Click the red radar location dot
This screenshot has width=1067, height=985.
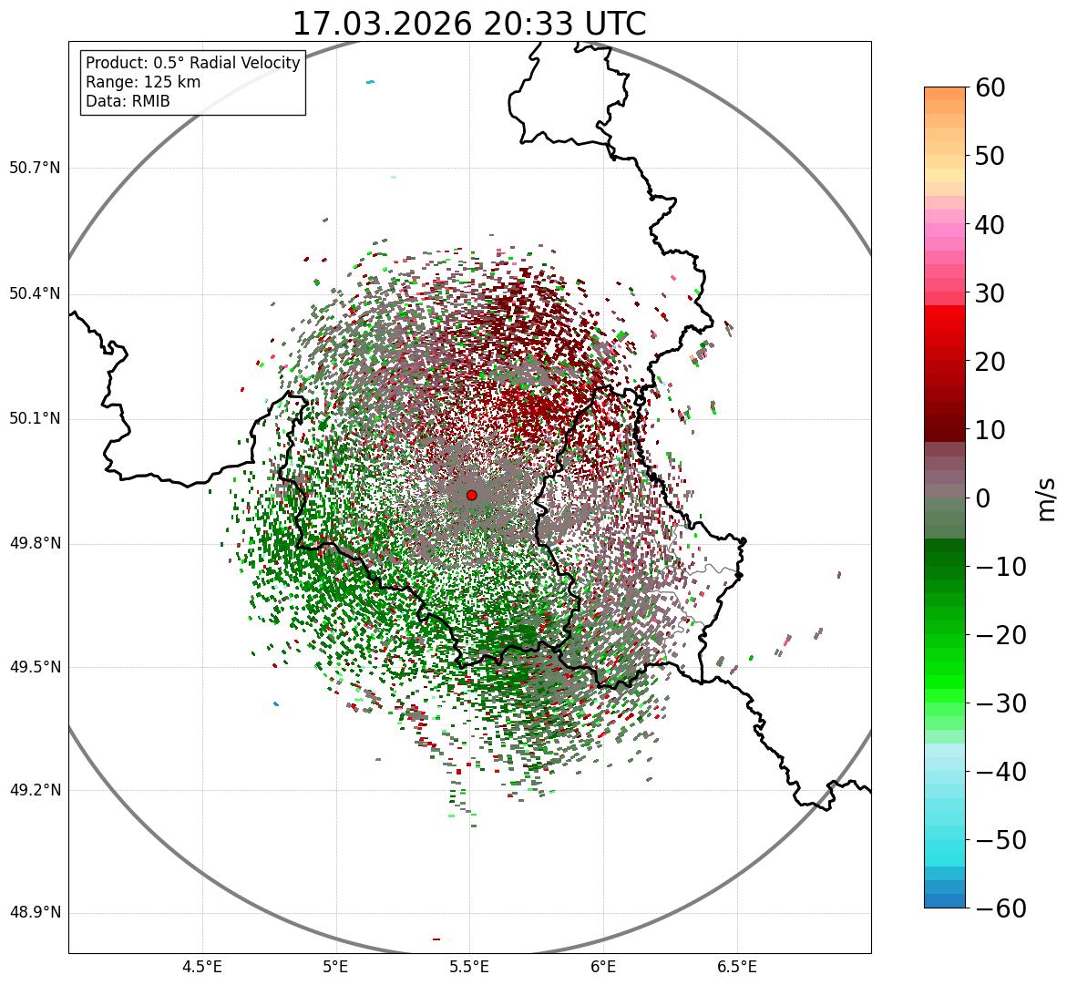471,495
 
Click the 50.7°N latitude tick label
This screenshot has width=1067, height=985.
35,169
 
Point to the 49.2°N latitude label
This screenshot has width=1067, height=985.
35,790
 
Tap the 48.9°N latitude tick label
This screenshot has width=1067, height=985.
35,913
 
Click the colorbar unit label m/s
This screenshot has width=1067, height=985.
1046,498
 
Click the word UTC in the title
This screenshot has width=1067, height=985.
612,25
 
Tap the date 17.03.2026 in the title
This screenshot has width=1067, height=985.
382,25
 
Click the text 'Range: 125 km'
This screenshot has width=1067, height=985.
143,82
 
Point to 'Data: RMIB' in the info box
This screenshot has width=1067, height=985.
128,101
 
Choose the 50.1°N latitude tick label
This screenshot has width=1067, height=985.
35,419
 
